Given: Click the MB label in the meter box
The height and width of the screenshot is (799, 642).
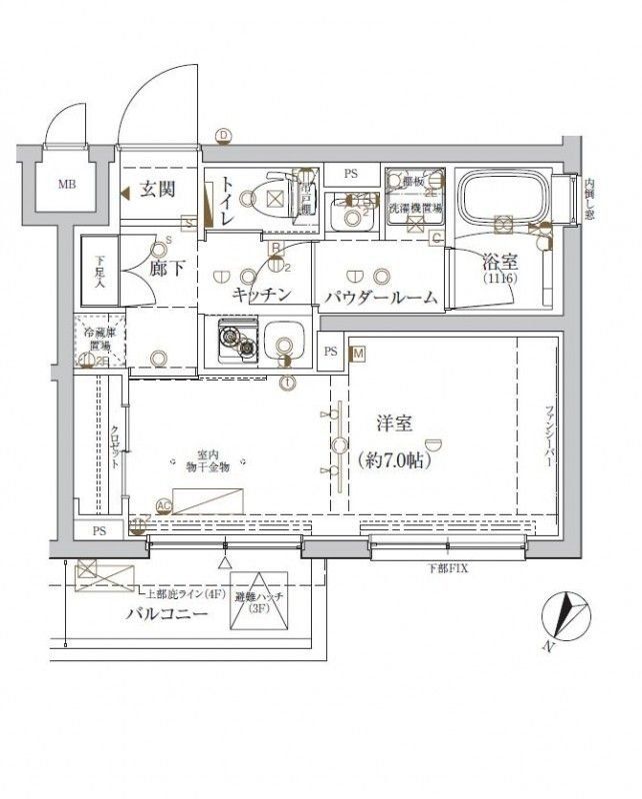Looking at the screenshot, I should pos(65,185).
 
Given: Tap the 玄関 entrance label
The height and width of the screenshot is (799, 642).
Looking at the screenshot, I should pos(158,190).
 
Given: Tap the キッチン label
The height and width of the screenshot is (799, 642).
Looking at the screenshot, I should pos(262,294).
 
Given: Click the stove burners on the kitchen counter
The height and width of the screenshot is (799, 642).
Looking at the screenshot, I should pos(239,343).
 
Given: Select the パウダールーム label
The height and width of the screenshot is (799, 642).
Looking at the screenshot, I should pos(381,297).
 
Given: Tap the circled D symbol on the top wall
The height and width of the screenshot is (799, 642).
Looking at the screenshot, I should pos(224,137).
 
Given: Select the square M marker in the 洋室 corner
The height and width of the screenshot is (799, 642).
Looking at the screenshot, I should pos(357,353).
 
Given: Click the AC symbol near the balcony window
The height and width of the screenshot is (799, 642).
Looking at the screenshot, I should pos(164,506).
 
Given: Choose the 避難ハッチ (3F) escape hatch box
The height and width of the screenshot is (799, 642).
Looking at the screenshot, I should pos(259,602).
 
